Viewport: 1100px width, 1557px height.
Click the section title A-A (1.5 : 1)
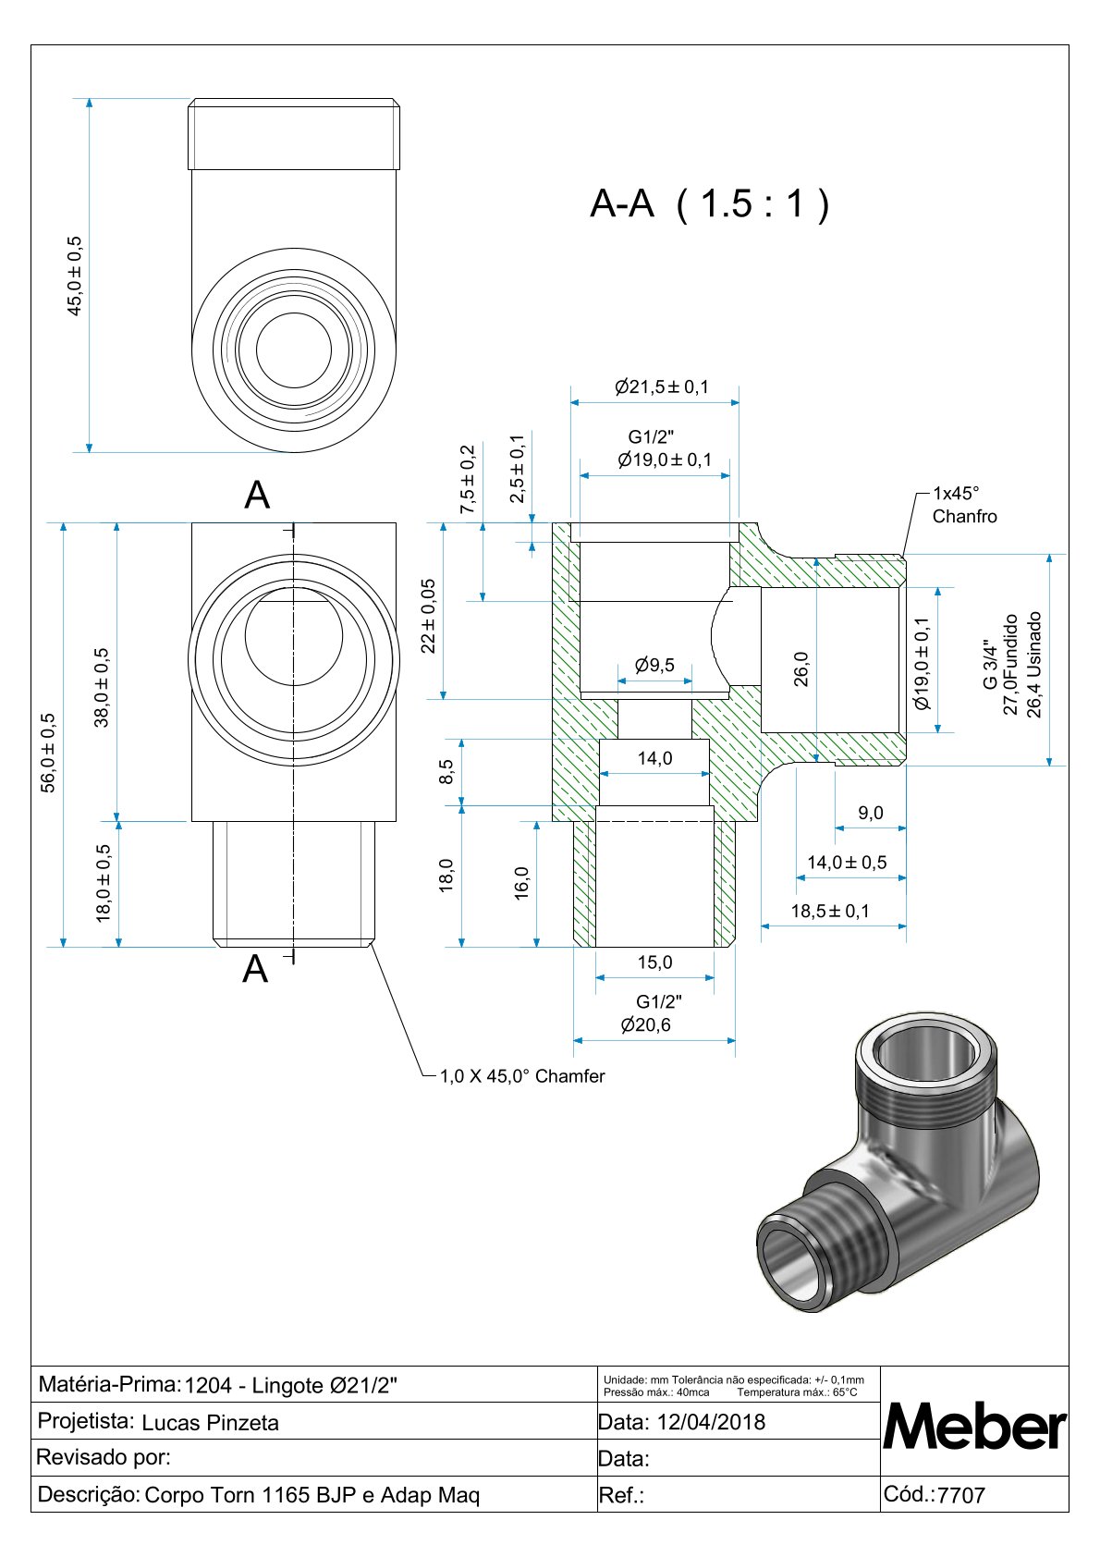tap(709, 203)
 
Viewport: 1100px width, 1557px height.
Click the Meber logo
tap(974, 1427)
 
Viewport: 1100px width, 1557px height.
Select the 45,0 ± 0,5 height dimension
tap(75, 276)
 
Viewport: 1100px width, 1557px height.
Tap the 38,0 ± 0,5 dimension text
tap(102, 687)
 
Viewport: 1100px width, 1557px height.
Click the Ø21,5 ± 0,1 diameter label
tap(662, 386)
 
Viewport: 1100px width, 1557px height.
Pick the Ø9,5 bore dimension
tap(654, 665)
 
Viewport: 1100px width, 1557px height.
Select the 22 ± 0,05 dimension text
tap(429, 616)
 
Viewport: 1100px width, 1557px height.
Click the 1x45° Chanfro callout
tap(964, 505)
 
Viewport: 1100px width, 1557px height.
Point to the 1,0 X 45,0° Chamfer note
tap(522, 1076)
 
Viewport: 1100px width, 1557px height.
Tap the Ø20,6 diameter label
tap(646, 1024)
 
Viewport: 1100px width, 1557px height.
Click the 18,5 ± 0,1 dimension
tap(830, 911)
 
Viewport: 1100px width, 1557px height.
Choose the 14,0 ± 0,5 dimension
tap(847, 862)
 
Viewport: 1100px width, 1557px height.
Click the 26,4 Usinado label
tap(1034, 664)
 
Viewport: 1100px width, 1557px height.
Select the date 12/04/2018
tap(711, 1421)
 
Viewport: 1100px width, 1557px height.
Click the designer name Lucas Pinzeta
tap(211, 1423)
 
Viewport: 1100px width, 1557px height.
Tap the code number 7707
tap(961, 1495)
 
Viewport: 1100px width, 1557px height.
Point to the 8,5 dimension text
tap(446, 771)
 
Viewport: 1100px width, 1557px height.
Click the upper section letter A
tap(257, 496)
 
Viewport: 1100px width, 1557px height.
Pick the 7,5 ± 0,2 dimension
tap(469, 479)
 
